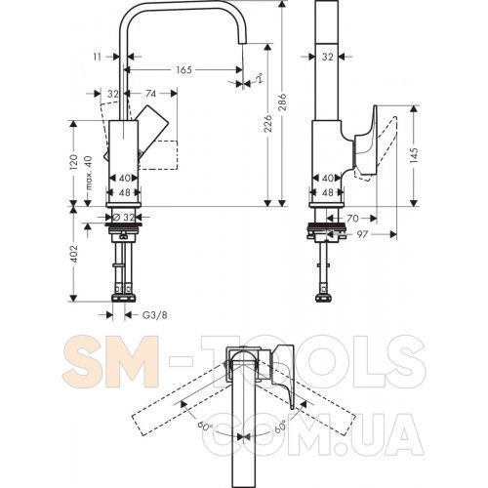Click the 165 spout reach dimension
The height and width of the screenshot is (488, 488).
coord(183,70)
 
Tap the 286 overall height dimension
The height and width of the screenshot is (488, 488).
coord(282,102)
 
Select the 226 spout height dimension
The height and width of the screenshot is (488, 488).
coord(267,123)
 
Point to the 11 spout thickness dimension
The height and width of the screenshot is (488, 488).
coord(98,57)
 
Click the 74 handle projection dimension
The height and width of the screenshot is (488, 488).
coord(150,94)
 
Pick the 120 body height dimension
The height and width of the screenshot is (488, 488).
coord(74,162)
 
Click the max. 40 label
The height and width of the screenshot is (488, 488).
coord(88,173)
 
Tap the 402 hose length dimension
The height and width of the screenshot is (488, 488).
coord(74,254)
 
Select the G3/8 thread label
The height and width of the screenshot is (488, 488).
coord(155,315)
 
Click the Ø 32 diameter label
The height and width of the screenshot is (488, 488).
coord(125,217)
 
